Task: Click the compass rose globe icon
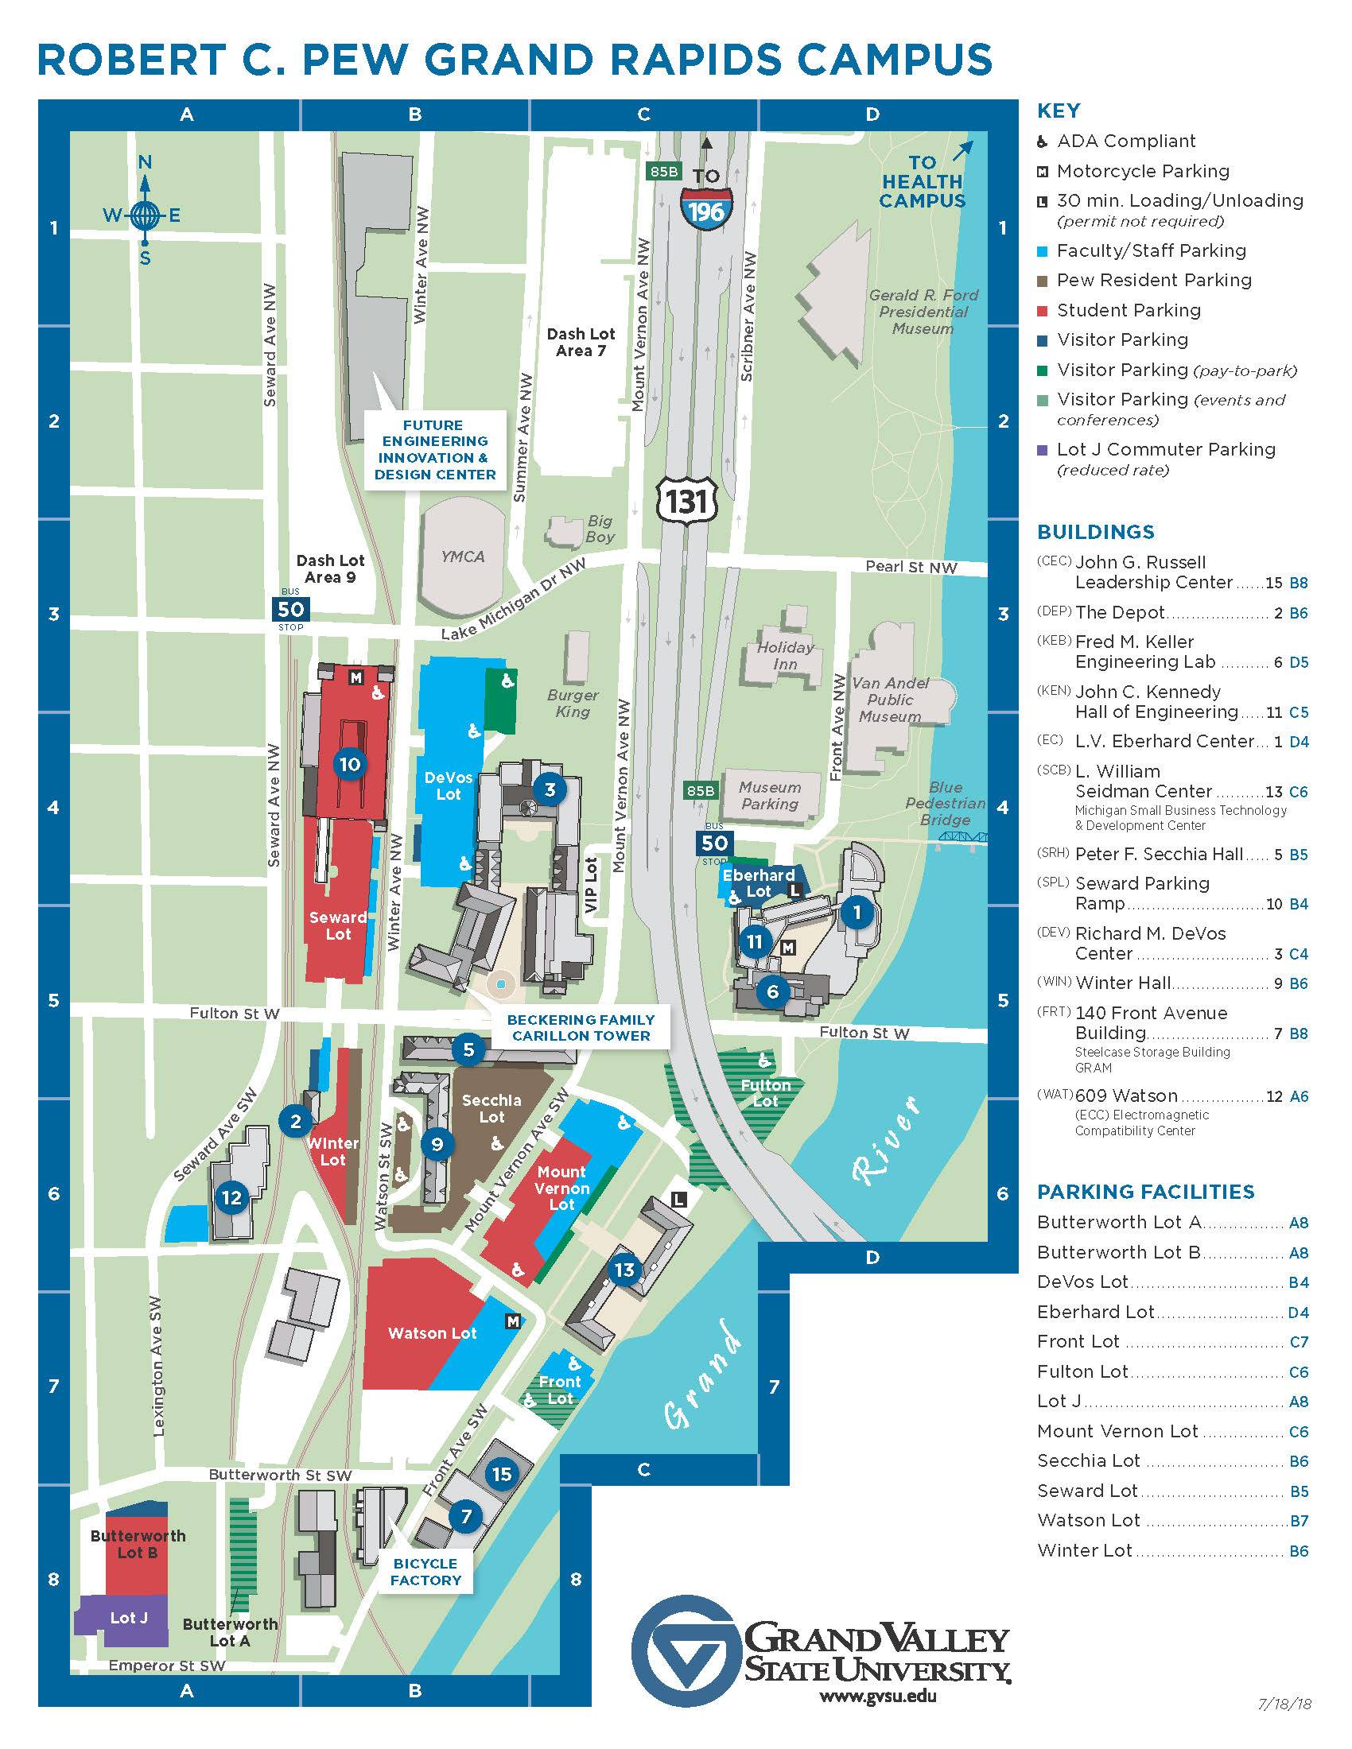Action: (145, 214)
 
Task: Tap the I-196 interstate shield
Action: (705, 206)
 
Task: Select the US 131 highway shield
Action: (687, 501)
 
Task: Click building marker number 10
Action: (350, 764)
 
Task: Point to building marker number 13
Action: (625, 1270)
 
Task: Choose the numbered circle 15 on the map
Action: (501, 1473)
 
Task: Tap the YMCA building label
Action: (463, 556)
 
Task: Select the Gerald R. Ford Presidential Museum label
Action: (923, 312)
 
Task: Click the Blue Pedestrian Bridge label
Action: (945, 803)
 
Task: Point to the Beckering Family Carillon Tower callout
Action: (581, 1027)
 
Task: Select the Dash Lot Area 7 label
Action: (581, 342)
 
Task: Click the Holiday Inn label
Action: (785, 656)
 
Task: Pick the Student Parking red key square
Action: (1042, 310)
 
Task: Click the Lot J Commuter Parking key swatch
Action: (1042, 450)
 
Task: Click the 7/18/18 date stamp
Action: (1289, 1727)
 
